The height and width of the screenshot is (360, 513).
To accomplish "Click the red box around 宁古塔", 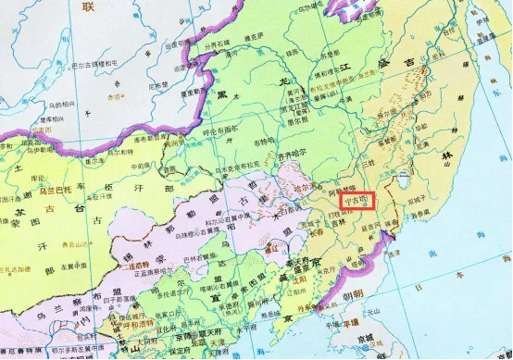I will click(x=357, y=198).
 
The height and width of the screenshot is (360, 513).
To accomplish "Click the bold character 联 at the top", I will click(x=89, y=7).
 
